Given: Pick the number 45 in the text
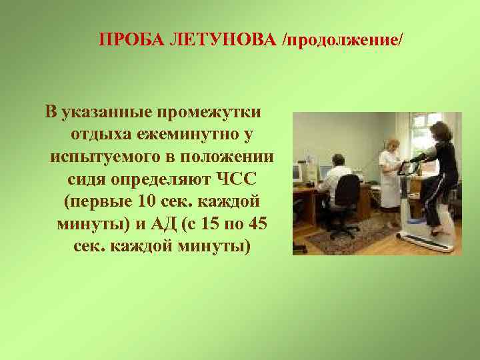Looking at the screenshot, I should (255, 225).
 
